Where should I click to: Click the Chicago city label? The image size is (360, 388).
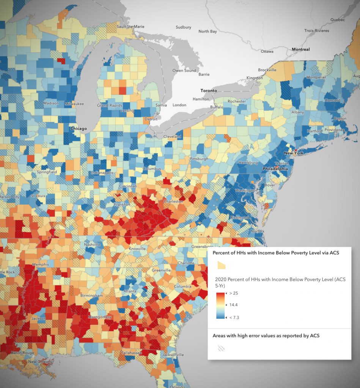pyautogui.click(x=79, y=128)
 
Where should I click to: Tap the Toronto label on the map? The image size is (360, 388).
pyautogui.click(x=209, y=91)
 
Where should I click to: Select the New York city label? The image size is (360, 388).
pyautogui.click(x=294, y=153)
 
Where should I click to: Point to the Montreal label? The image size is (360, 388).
pyautogui.click(x=300, y=49)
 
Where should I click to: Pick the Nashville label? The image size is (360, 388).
pyautogui.click(x=93, y=244)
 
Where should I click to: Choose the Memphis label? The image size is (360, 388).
pyautogui.click(x=41, y=264)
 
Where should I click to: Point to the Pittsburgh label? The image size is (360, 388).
pyautogui.click(x=199, y=159)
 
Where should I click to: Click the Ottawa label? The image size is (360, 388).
pyautogui.click(x=267, y=51)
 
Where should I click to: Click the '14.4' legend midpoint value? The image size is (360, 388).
pyautogui.click(x=234, y=305)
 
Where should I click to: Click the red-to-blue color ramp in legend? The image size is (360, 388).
pyautogui.click(x=221, y=305)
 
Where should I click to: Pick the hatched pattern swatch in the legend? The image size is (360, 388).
pyautogui.click(x=221, y=348)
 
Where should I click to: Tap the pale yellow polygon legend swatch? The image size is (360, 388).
pyautogui.click(x=221, y=266)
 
